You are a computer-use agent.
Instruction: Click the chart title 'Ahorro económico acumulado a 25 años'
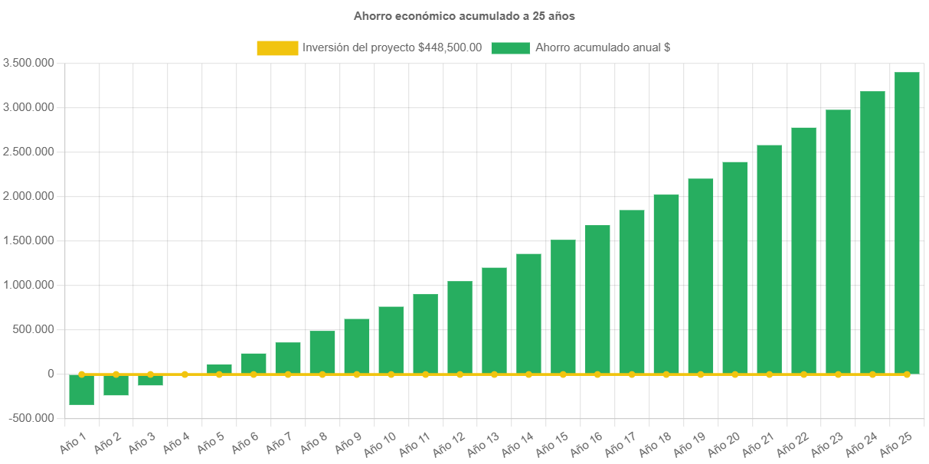coord(464,15)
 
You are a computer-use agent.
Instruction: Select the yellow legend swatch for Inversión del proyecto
coord(277,48)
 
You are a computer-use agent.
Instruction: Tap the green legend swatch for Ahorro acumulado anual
coord(510,48)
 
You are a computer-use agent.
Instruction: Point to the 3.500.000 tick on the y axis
coord(28,63)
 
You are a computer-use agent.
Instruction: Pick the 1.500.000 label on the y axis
coord(28,240)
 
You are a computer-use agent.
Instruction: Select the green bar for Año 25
coord(907,222)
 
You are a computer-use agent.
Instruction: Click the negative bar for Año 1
coord(81,390)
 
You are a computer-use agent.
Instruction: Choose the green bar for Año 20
coord(735,267)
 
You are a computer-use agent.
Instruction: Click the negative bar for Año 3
coord(150,381)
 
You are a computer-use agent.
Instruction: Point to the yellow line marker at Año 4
coord(185,374)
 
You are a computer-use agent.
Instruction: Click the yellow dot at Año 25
coord(907,374)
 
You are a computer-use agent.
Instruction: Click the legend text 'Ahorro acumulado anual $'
coord(603,47)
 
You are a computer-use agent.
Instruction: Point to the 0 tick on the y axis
coord(51,374)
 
